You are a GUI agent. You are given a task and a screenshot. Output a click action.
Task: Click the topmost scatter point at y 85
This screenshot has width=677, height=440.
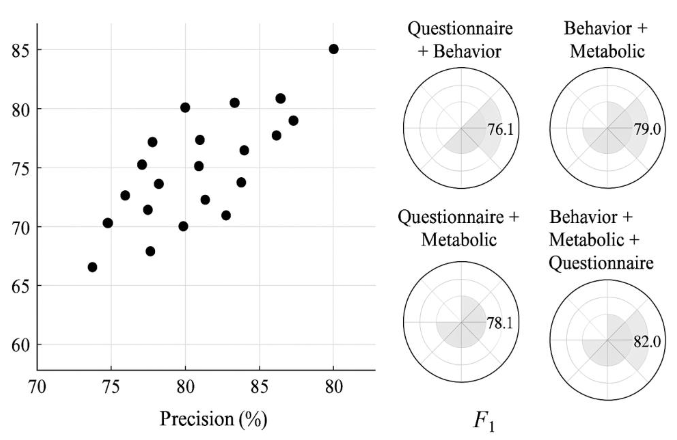pos(333,49)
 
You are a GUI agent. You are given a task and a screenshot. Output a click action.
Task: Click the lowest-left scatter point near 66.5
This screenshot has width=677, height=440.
pos(92,267)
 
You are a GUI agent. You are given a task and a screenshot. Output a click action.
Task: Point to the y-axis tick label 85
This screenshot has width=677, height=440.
pos(21,51)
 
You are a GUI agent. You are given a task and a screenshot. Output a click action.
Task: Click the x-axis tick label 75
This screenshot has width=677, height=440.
pos(111,387)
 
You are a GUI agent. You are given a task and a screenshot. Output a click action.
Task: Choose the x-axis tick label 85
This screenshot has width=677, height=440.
pos(259,387)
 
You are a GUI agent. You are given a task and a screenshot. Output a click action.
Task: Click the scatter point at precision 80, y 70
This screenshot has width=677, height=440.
pos(184,226)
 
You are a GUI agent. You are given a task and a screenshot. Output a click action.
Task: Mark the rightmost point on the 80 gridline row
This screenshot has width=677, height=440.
pos(281,98)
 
